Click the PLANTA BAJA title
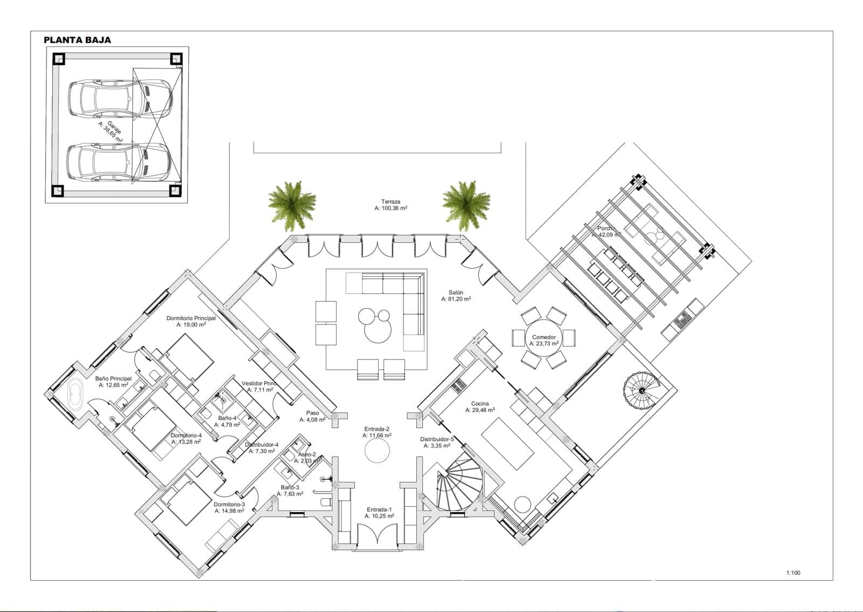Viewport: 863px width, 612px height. coord(77,40)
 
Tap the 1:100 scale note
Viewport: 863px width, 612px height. coord(793,573)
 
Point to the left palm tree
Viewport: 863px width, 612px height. coord(292,201)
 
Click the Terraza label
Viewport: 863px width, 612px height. coord(391,205)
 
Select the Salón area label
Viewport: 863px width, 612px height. coord(456,295)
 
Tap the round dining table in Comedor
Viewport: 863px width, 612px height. coord(544,339)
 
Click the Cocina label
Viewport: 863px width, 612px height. coord(480,406)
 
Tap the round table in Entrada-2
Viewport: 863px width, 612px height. coord(377,450)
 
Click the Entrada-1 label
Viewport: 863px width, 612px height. coord(379,513)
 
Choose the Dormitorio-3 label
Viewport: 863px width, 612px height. coord(230,507)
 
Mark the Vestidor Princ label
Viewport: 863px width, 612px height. coord(259,386)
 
